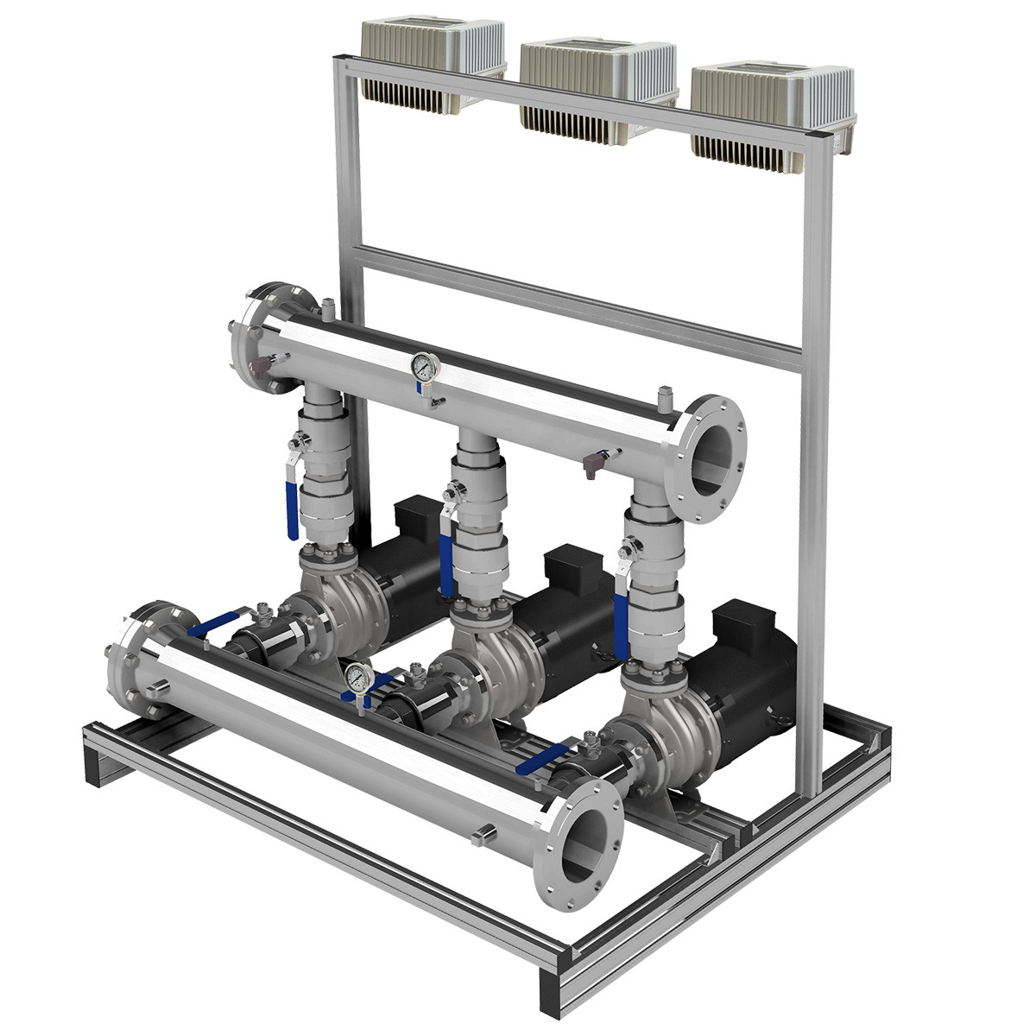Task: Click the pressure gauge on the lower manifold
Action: pyautogui.click(x=357, y=678)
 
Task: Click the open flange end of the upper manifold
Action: pyautogui.click(x=712, y=458)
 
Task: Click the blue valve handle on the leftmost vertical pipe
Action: pyautogui.click(x=292, y=510)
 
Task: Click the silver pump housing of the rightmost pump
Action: pyautogui.click(x=665, y=742)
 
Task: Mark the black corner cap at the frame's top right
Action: pyautogui.click(x=816, y=138)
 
